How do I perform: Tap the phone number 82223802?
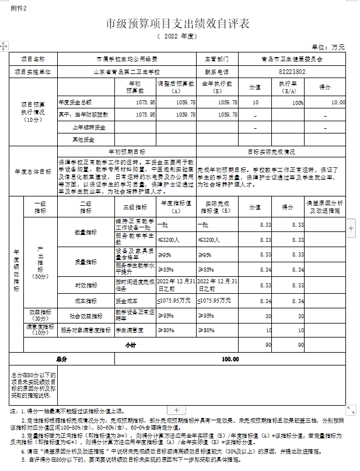point(292,72)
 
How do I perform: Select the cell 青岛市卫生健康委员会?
point(292,59)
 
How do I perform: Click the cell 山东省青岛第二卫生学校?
point(127,72)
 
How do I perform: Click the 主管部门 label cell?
point(216,59)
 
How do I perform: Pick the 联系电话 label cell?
point(216,72)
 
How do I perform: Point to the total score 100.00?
point(230,359)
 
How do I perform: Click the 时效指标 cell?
point(85,285)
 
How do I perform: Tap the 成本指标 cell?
point(85,301)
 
